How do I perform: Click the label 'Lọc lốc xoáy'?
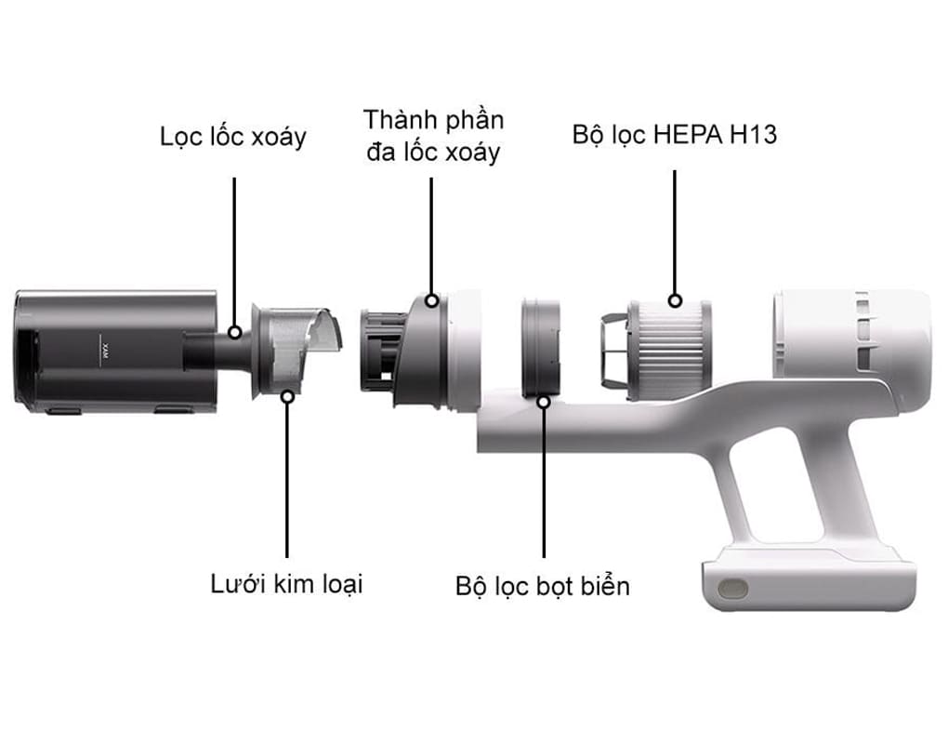coord(233,138)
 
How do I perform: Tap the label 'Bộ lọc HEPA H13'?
coord(674,135)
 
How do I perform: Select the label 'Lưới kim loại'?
coord(286,584)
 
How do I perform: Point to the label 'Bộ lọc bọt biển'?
coord(543,586)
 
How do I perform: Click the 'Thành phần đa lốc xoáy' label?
coord(433,135)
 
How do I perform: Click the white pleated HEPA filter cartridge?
coord(669,349)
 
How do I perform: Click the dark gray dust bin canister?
coord(112,352)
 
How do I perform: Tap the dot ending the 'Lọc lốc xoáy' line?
coord(235,332)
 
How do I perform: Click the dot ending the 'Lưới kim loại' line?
coord(287,395)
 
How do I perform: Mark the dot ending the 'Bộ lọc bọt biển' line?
coord(544,401)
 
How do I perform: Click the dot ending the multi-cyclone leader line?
coord(432,300)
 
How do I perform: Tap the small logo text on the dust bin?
coord(104,352)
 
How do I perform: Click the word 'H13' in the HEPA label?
coord(752,135)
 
